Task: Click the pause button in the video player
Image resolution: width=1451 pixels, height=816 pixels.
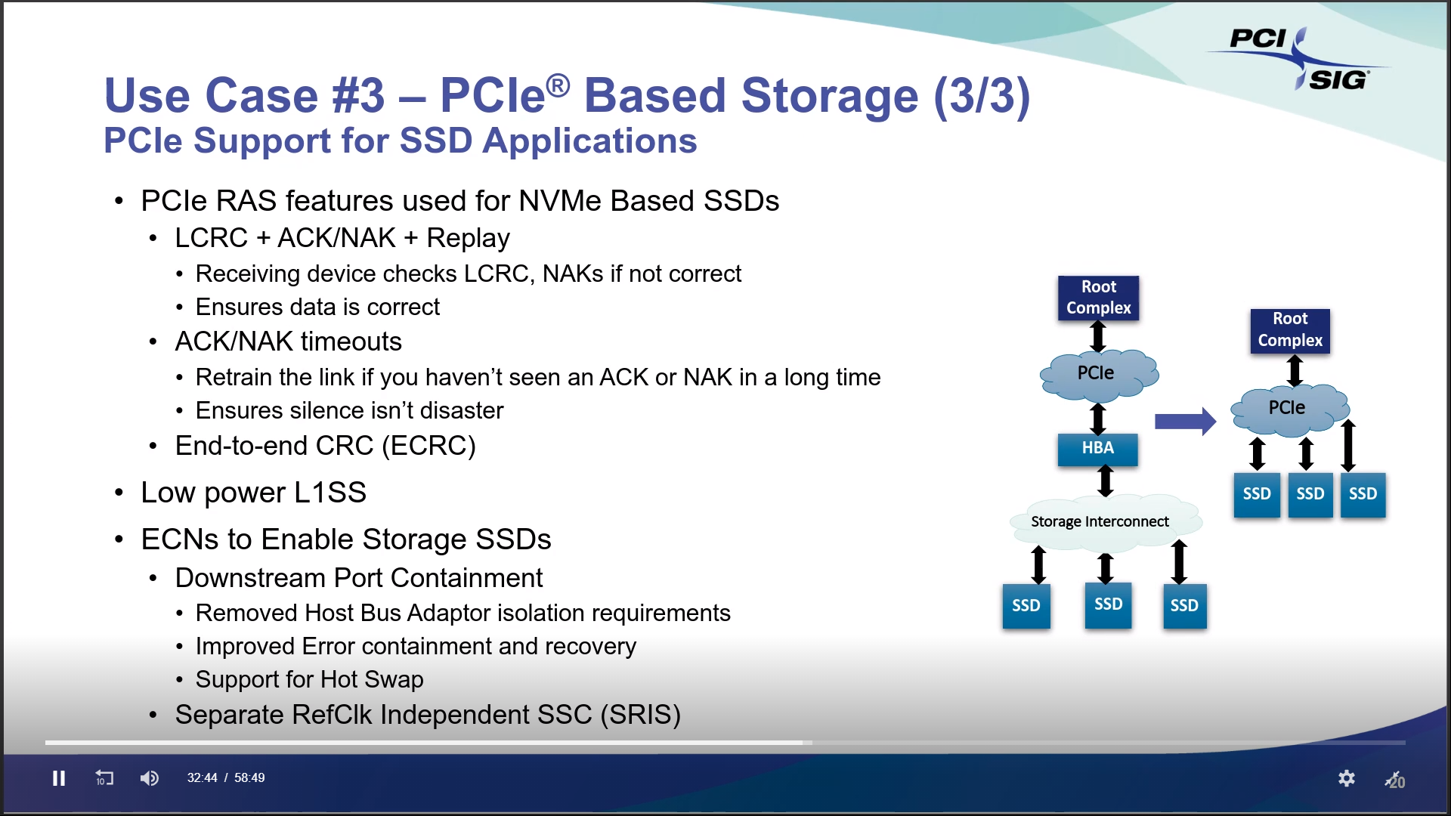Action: pos(59,778)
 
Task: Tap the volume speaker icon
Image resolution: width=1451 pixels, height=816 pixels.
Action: pos(149,778)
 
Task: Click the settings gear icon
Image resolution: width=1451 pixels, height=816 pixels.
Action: pos(1346,778)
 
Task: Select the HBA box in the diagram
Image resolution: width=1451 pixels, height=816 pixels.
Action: pos(1097,448)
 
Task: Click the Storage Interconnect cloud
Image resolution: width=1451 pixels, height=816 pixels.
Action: pos(1100,521)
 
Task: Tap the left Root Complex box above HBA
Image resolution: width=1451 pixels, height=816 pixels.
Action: pos(1098,298)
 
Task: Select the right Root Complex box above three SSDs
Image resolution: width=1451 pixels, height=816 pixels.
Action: pos(1289,330)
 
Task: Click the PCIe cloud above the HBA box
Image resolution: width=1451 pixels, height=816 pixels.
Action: pos(1097,373)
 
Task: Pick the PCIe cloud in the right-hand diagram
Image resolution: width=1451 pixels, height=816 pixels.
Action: pos(1288,408)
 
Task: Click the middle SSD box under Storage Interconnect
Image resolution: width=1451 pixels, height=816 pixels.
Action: pos(1108,604)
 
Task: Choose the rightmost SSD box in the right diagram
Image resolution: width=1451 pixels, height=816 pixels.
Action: pos(1363,494)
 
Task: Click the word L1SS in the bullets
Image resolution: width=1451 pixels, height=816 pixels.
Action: pos(330,493)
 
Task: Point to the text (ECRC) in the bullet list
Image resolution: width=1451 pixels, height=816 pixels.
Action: pos(428,446)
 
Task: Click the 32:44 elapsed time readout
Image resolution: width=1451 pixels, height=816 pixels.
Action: pos(202,778)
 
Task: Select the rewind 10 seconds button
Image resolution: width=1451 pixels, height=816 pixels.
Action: pos(104,778)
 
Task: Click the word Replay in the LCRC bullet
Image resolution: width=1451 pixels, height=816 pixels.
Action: pos(468,238)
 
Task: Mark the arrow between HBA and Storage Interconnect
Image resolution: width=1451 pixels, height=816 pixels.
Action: pos(1106,481)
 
